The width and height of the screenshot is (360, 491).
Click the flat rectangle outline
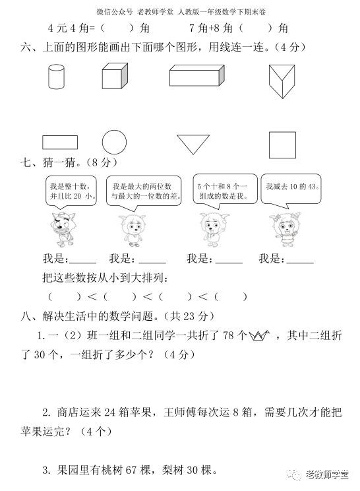pyautogui.click(x=60, y=142)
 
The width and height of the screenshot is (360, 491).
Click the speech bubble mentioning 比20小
pyautogui.click(x=73, y=191)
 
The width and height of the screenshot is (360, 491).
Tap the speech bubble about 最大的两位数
pyautogui.click(x=142, y=191)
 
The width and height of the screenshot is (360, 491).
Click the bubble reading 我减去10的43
pyautogui.click(x=291, y=188)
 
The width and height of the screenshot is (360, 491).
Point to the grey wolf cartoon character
pyautogui.click(x=63, y=227)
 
